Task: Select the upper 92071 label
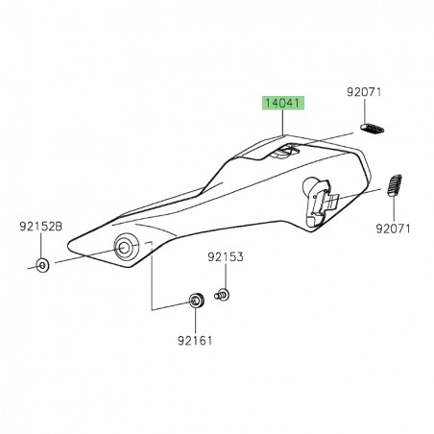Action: click(x=365, y=94)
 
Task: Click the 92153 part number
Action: click(x=226, y=257)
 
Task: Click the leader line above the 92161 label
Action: click(x=196, y=322)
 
